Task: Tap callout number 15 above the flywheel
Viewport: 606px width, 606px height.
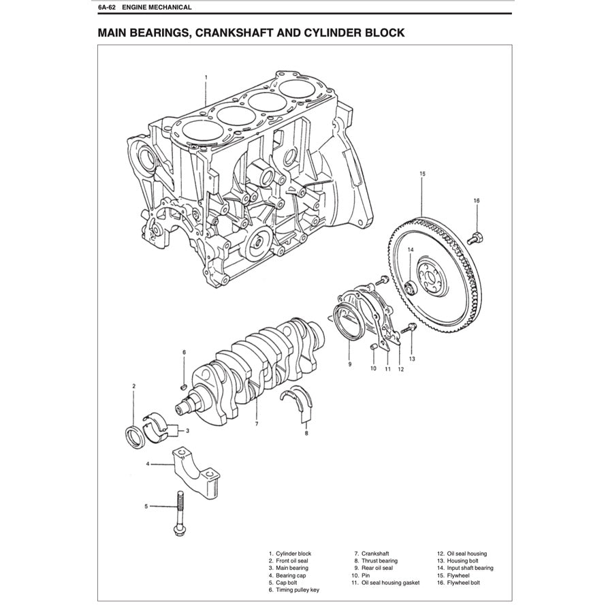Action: (422, 174)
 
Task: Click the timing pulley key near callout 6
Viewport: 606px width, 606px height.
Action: (182, 385)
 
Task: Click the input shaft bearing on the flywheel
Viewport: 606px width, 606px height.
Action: (410, 288)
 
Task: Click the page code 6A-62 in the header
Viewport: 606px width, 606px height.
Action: (108, 7)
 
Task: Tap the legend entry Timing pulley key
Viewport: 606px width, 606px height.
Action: (297, 590)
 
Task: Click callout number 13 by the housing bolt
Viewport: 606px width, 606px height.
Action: (411, 357)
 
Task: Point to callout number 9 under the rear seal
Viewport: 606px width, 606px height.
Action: (349, 364)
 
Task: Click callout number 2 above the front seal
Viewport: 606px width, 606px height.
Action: (133, 386)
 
